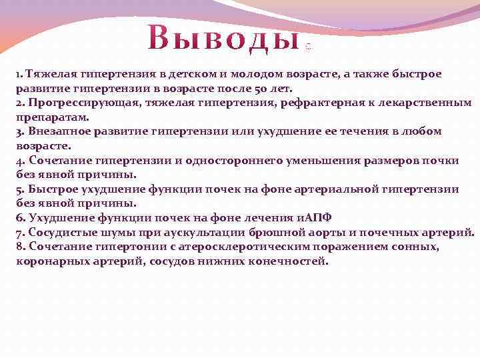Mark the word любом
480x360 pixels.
[x=422, y=131]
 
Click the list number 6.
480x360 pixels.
[x=19, y=218]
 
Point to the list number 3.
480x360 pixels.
[x=19, y=131]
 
